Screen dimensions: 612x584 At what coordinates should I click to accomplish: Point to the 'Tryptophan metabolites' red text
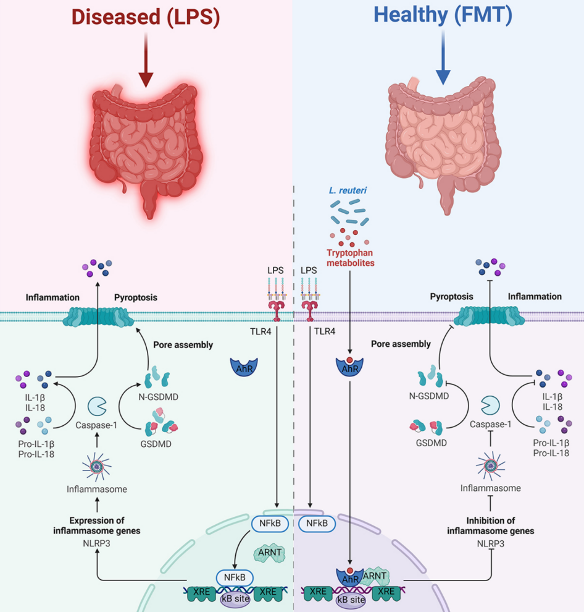[351, 257]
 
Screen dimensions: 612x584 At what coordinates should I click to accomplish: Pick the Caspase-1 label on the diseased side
[96, 426]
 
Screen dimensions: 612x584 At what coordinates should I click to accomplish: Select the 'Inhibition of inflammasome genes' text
[491, 525]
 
